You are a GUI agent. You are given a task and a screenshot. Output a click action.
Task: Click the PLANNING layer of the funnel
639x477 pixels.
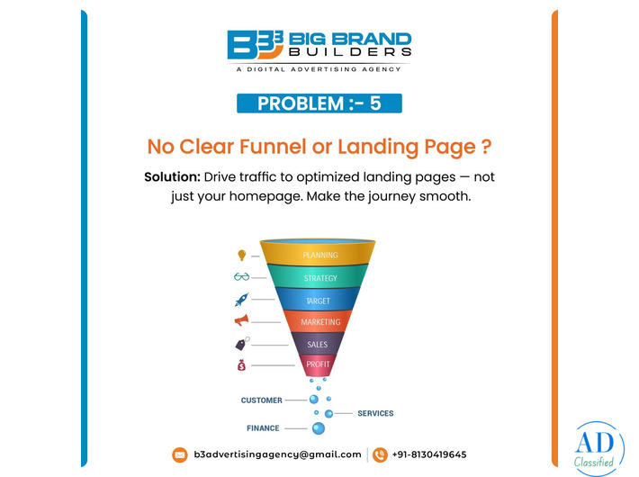319,255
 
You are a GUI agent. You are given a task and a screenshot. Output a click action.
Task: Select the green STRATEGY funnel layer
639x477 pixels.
319,278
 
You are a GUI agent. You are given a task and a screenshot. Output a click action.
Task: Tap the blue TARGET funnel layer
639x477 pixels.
319,301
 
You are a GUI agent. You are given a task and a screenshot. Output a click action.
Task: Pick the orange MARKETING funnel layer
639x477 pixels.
319,322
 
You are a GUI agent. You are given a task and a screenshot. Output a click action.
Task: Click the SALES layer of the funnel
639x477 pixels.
318,344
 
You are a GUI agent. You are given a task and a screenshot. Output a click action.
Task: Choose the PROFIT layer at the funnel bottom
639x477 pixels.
318,364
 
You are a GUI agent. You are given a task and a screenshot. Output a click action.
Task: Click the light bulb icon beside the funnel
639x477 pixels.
241,256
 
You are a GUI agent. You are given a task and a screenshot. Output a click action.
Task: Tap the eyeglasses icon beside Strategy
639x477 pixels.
241,277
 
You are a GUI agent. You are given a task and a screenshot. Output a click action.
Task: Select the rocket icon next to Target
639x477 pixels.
241,300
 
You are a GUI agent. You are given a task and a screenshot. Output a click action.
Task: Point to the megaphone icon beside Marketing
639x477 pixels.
241,320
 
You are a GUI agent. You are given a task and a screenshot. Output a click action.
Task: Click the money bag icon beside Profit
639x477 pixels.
241,365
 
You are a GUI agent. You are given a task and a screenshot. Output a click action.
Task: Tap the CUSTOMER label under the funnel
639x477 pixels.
261,400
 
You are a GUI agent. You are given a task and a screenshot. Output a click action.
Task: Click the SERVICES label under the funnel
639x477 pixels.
375,414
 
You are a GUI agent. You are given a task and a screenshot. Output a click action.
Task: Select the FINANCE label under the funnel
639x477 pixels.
263,428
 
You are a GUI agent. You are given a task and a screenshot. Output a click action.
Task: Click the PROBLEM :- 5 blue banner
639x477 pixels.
319,103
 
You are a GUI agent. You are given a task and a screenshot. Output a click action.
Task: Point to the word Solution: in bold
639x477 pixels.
172,177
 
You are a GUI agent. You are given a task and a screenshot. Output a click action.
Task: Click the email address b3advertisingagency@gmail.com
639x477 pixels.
277,454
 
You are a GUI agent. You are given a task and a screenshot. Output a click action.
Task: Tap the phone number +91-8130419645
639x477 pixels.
428,454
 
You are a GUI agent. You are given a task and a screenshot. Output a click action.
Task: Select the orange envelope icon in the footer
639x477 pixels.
180,454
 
